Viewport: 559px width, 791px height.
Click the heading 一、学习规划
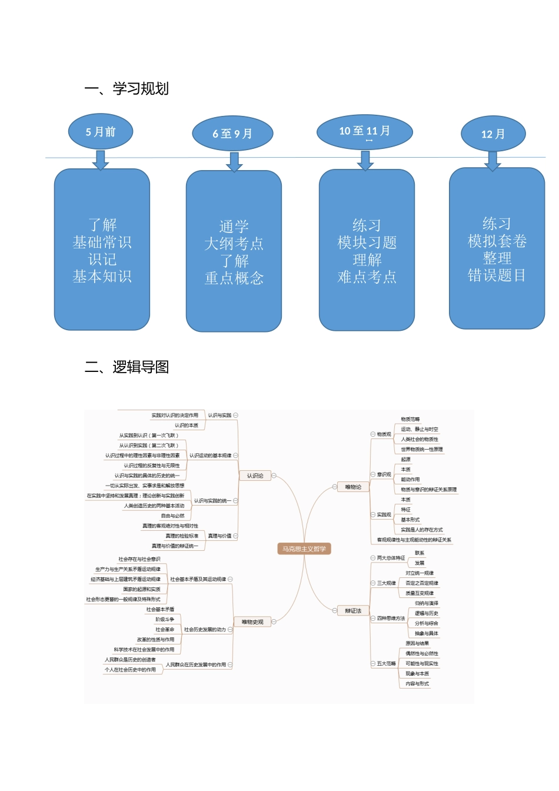pos(127,89)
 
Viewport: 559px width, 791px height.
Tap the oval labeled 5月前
pos(101,132)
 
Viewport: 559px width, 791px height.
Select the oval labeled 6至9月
pos(232,134)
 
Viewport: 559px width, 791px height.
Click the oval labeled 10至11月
pos(364,132)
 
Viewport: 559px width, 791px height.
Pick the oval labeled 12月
pos(493,134)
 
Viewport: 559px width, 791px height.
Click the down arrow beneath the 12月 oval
pos(493,161)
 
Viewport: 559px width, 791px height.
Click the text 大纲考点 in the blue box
pos(234,244)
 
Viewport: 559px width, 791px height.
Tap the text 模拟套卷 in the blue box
pos(497,241)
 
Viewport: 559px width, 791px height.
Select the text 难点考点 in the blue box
pos(367,277)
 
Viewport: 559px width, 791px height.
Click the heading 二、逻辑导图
pos(127,367)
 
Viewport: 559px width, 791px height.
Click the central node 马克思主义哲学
pos(304,549)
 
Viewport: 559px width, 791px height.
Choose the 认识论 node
pos(255,476)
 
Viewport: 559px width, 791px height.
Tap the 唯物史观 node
pos(252,622)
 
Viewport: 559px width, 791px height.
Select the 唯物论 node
pos(353,487)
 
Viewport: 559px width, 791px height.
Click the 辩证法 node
pos(353,611)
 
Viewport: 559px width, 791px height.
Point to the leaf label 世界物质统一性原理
pos(422,450)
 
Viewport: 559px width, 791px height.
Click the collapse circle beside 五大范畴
pos(372,664)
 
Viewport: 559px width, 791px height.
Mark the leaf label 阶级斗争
pos(165,620)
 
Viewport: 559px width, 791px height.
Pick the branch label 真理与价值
pos(219,536)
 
